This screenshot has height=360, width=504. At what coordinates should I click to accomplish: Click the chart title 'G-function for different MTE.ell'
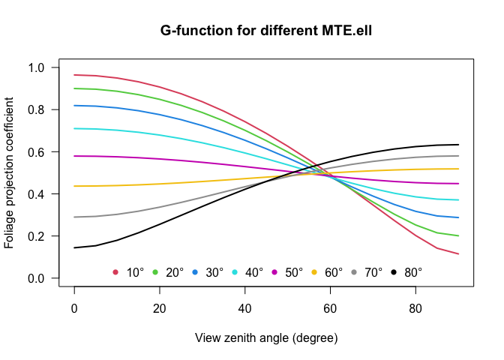click(266, 31)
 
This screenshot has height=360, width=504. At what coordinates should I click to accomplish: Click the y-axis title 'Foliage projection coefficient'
click(10, 172)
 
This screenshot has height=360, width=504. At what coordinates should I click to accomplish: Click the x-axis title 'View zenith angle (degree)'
click(266, 337)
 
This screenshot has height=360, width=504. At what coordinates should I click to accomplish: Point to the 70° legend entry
click(373, 272)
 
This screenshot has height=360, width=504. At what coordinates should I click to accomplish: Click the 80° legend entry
click(413, 272)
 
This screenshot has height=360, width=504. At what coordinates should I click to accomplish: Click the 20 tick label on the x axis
click(159, 307)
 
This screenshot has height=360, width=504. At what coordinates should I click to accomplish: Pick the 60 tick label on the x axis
click(330, 307)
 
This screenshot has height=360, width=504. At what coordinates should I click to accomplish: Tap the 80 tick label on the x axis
click(415, 307)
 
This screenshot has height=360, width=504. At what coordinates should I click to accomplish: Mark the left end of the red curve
click(74, 75)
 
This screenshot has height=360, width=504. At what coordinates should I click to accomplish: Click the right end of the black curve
click(457, 145)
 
